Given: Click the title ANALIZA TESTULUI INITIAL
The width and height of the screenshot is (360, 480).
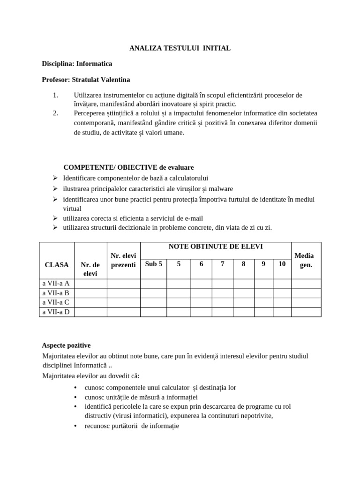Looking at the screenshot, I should [x=180, y=48].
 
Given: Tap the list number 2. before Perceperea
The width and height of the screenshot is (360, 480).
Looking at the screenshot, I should [x=55, y=112].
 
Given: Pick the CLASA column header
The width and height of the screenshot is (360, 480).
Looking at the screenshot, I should [x=57, y=265].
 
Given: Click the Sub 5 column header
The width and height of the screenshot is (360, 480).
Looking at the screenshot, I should [x=153, y=264].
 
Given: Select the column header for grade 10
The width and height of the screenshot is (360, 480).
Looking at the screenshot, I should [x=282, y=264].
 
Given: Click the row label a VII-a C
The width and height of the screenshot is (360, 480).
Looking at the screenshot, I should [x=56, y=302].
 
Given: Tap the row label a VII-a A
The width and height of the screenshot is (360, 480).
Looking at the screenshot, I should [x=56, y=283].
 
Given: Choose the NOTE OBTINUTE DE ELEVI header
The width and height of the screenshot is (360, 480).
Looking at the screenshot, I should [x=216, y=247].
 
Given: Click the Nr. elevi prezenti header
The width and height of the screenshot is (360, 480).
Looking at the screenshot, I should [x=123, y=260].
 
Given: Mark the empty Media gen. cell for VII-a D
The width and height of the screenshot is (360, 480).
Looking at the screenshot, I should [x=306, y=312].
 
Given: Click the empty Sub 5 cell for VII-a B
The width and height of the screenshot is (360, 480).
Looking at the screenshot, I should [x=153, y=293].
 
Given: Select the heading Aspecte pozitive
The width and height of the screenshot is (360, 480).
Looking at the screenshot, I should [x=66, y=345].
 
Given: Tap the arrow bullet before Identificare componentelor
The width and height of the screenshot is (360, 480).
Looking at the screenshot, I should [x=55, y=178].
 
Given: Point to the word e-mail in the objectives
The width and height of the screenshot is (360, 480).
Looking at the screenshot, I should [x=192, y=218].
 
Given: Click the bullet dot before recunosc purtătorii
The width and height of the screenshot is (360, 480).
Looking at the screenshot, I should [x=75, y=426].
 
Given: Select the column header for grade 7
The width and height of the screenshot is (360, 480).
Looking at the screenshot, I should [x=223, y=264].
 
